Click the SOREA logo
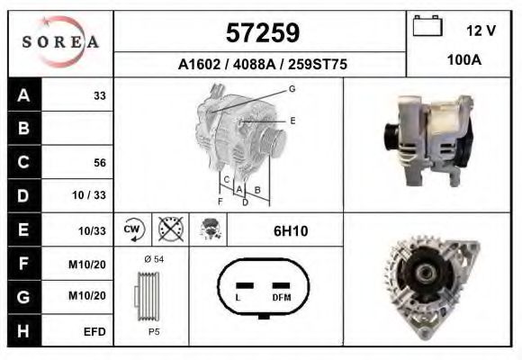coord(60,43)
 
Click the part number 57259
coord(261,33)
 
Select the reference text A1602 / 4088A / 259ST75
coord(261,65)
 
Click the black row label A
coord(24,95)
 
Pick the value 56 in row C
coord(99,163)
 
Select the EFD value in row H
coord(94,331)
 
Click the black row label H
coord(24,331)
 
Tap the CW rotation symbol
coord(133,229)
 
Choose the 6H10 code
coord(291,230)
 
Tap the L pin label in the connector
coord(237,297)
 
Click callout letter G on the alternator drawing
coord(292,88)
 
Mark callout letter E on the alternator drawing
coord(292,120)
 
